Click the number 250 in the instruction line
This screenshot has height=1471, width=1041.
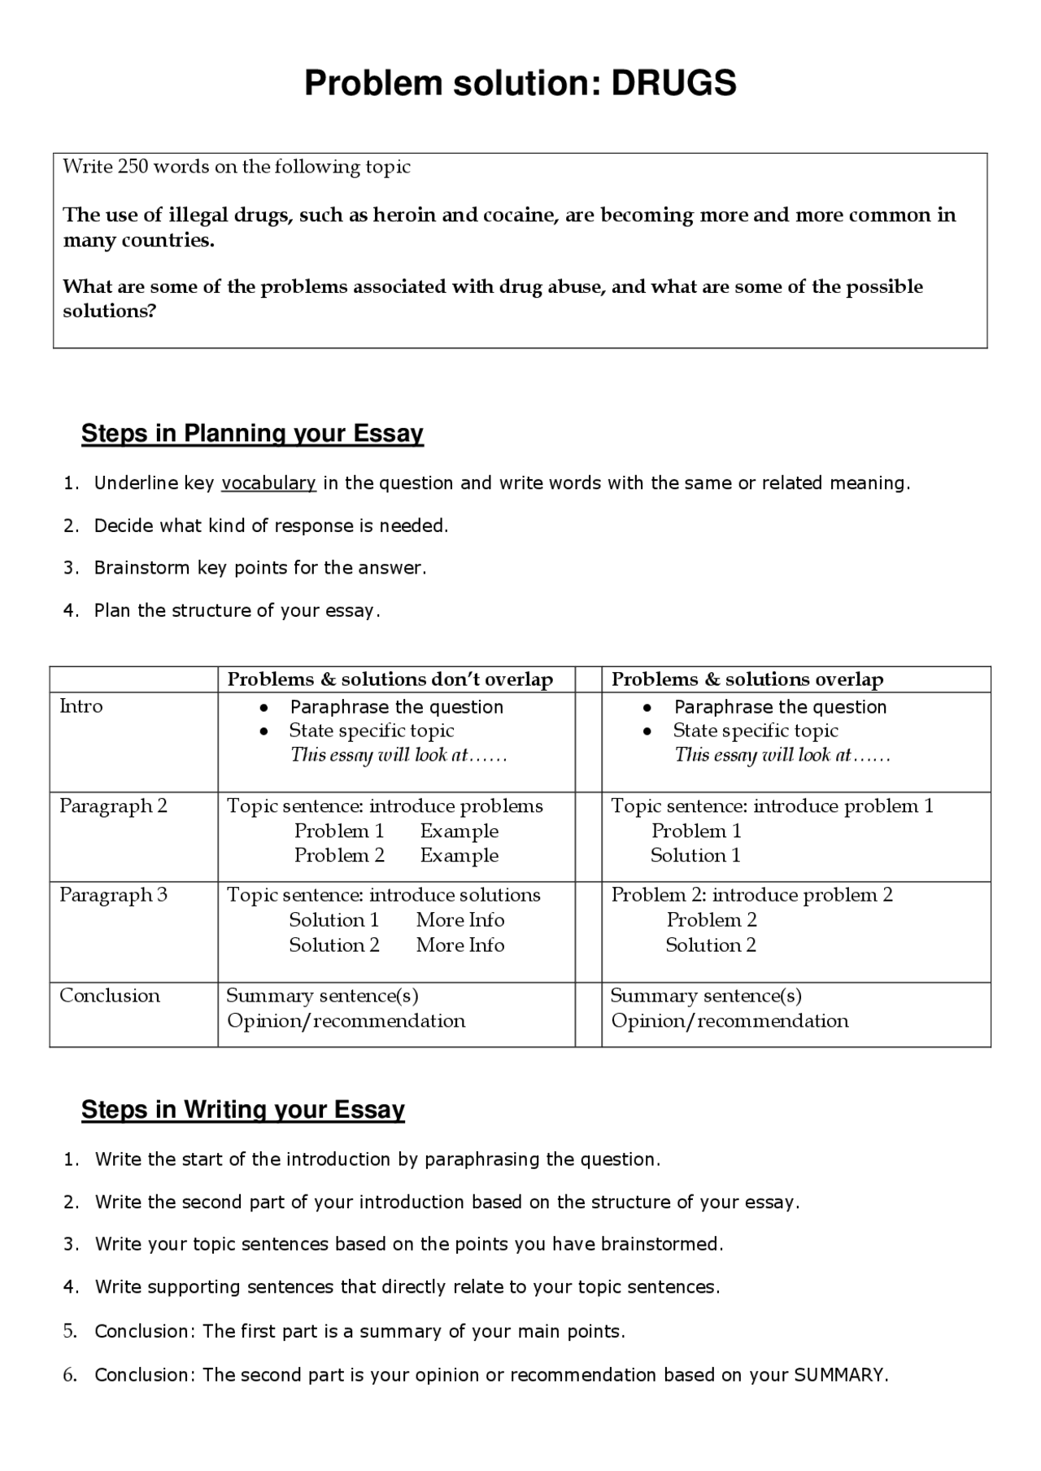point(133,167)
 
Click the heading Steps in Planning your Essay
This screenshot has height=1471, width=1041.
point(252,434)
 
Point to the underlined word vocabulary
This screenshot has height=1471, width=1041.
point(268,483)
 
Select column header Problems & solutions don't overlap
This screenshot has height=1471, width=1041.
point(390,679)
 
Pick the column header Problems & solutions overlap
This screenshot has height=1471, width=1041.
point(747,679)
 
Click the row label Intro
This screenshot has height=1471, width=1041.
point(81,706)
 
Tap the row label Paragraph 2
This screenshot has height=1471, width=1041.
point(113,806)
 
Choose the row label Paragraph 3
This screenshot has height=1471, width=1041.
point(113,895)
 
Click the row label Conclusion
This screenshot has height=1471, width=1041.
point(110,996)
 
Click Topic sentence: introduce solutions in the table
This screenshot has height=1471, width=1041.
point(383,895)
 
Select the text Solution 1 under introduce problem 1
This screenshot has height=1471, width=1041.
point(695,856)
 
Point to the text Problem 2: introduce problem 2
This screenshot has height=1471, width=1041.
point(751,895)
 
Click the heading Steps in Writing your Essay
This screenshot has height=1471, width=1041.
point(242,1110)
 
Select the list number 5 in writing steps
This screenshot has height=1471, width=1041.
point(70,1331)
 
